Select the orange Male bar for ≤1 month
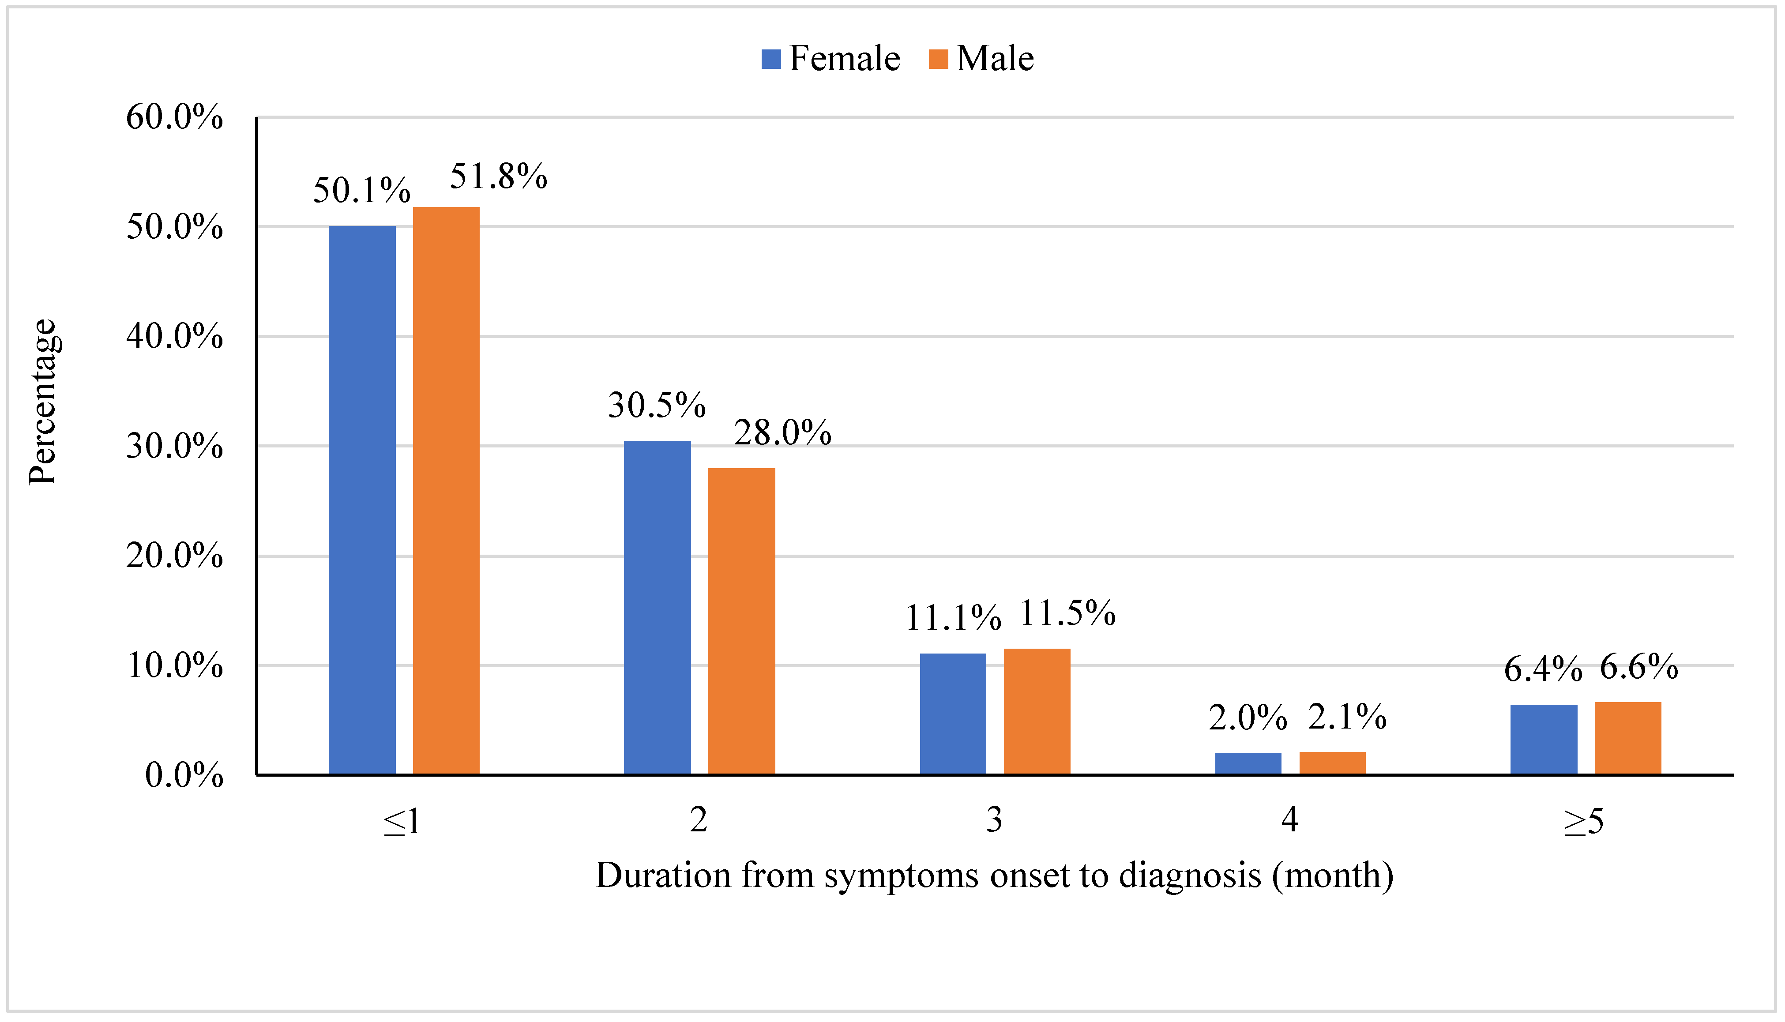coord(446,491)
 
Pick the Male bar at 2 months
coord(741,621)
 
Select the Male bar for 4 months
coord(1332,763)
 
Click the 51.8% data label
coord(498,176)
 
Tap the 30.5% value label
coord(656,405)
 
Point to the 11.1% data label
coord(952,618)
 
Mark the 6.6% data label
coord(1638,666)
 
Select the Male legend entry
coord(981,58)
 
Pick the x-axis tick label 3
coord(994,819)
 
